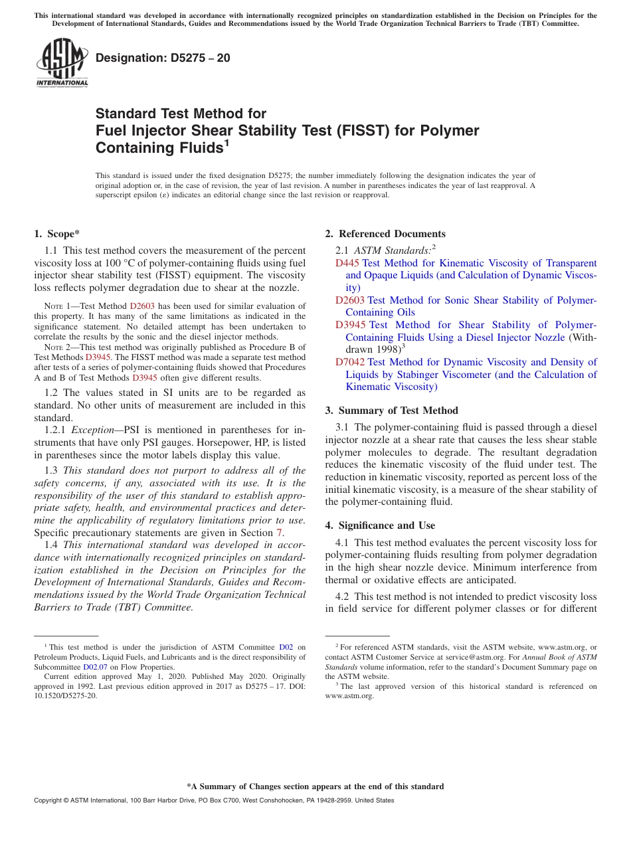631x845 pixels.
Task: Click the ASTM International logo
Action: point(62,63)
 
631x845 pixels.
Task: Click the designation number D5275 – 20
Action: point(163,58)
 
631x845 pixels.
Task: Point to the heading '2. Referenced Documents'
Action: point(385,234)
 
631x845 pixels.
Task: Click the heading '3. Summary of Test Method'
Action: point(391,411)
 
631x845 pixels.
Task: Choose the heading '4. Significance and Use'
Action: point(380,525)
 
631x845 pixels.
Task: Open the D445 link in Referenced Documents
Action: point(347,263)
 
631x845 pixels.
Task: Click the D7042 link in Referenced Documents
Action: point(350,362)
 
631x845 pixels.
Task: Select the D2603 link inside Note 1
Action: point(141,306)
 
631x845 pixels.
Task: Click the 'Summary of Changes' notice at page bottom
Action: point(315,787)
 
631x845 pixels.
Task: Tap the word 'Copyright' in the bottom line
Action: point(50,800)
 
